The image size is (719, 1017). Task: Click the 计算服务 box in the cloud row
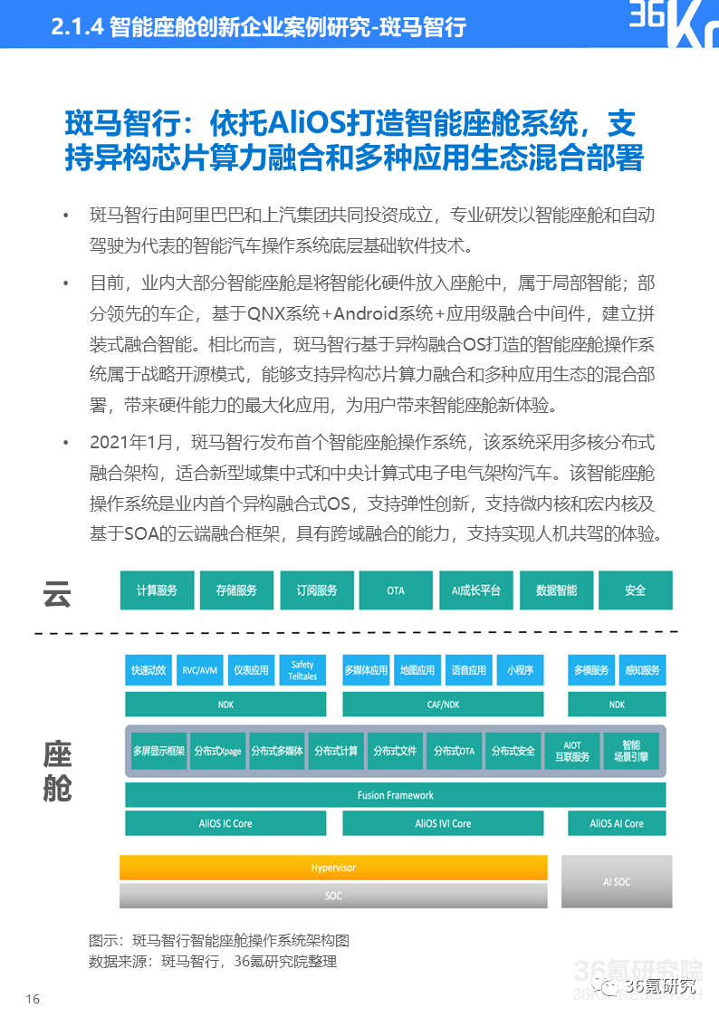(x=157, y=590)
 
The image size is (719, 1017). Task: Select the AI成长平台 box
(x=475, y=590)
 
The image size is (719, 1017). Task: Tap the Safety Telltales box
(x=302, y=670)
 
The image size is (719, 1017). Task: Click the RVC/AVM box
(x=199, y=670)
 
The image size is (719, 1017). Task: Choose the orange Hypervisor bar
(x=333, y=868)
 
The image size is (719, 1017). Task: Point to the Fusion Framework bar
(x=395, y=795)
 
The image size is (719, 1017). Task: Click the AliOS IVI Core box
(x=443, y=823)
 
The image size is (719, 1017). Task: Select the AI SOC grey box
(x=617, y=881)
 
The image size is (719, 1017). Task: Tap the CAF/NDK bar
(x=443, y=704)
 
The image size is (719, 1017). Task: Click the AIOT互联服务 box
(x=572, y=751)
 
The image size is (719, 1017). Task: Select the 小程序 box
(x=520, y=670)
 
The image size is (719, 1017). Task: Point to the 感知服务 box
(x=642, y=670)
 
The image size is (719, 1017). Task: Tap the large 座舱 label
(x=57, y=771)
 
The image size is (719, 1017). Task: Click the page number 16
(x=33, y=999)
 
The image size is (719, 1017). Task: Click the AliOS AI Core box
(x=617, y=823)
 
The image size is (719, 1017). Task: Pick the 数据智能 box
(x=556, y=590)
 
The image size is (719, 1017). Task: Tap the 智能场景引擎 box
(x=631, y=751)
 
